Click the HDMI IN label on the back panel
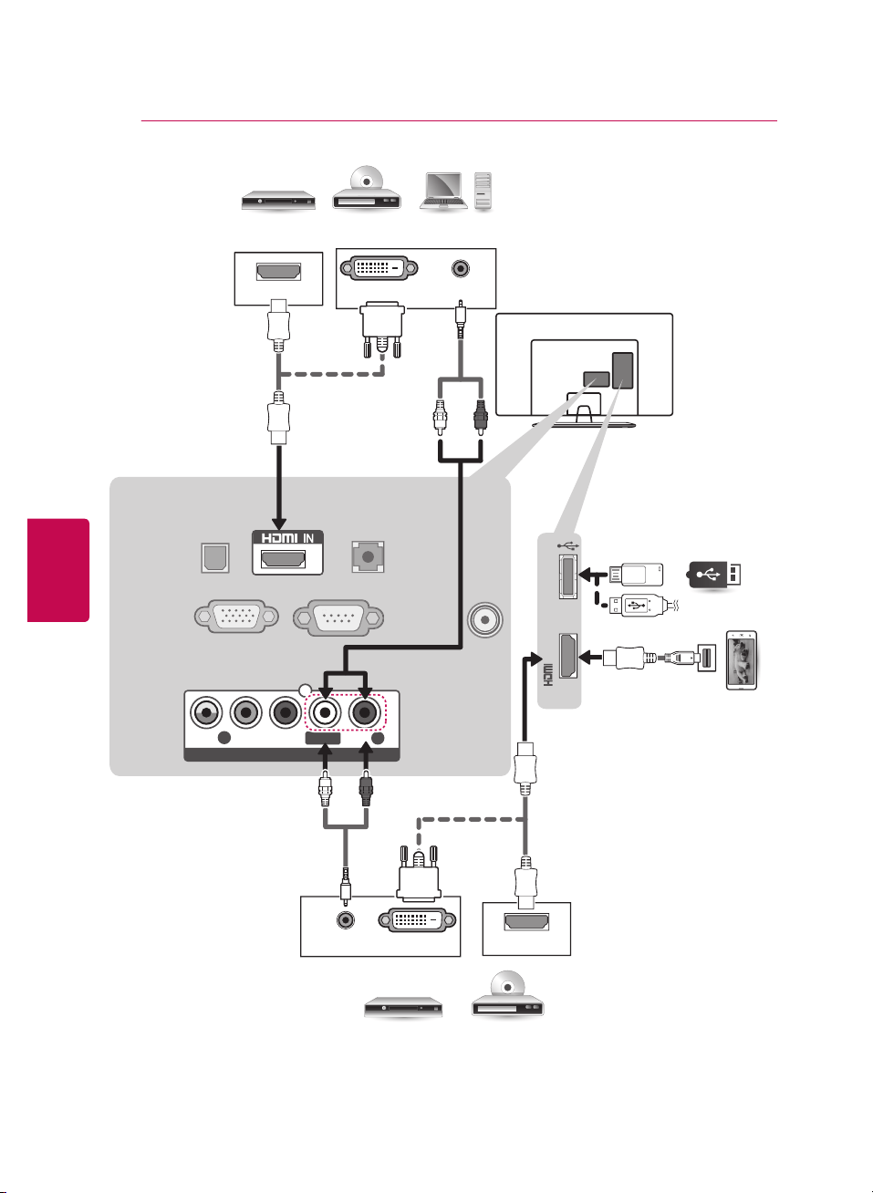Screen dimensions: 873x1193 pos(287,538)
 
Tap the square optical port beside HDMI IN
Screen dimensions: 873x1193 pos(215,557)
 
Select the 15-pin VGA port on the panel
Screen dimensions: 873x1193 pos(236,617)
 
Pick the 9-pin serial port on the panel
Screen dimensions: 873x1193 pos(338,617)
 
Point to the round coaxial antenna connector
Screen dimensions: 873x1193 pos(485,619)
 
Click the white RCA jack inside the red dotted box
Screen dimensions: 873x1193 pos(324,712)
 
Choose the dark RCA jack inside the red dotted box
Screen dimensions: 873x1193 pos(364,712)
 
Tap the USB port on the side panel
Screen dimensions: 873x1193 pos(568,576)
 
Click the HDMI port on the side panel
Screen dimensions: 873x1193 pos(568,656)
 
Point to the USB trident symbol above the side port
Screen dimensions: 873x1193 pos(567,545)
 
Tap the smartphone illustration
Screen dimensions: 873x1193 pos(742,660)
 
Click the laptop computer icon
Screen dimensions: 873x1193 pos(443,191)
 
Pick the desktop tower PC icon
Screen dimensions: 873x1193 pos(483,192)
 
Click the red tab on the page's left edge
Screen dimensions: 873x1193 pos(58,570)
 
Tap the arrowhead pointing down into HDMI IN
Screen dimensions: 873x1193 pos(279,523)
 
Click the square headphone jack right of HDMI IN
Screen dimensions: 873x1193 pos(368,557)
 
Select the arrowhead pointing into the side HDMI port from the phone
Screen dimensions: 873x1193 pos(586,657)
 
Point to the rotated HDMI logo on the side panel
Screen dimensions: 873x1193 pos(548,675)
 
